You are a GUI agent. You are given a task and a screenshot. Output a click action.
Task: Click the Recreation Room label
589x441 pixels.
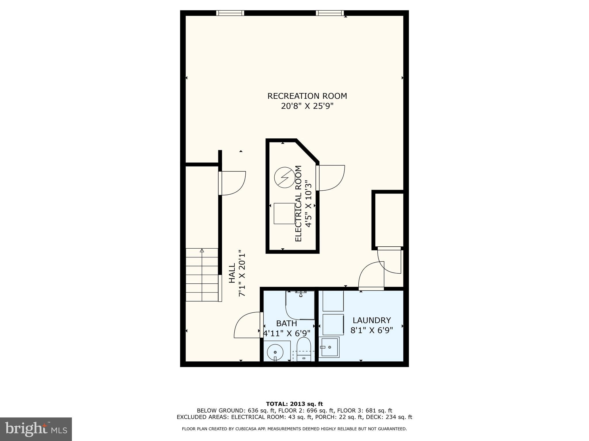click(x=307, y=96)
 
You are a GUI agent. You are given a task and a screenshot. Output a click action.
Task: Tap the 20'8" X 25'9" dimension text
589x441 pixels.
click(x=307, y=106)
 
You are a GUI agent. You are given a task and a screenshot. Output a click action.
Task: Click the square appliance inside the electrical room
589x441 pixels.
click(x=284, y=214)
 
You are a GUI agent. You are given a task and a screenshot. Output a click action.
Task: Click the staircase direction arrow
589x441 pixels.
click(x=202, y=251)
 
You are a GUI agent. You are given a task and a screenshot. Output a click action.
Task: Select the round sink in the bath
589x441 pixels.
click(x=275, y=352)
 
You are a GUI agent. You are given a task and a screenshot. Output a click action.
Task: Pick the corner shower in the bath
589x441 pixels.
click(x=300, y=305)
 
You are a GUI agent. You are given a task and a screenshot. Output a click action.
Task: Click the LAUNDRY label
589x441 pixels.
click(x=372, y=320)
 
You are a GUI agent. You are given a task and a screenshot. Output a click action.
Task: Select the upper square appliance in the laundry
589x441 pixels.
click(x=333, y=301)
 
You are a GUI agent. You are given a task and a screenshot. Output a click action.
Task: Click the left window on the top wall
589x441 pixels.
click(x=230, y=13)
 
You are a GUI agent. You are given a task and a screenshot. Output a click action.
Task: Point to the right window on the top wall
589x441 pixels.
click(x=330, y=13)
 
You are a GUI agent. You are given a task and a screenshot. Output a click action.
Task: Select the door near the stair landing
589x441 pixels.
click(x=232, y=183)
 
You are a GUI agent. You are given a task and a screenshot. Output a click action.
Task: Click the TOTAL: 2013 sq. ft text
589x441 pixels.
click(x=294, y=404)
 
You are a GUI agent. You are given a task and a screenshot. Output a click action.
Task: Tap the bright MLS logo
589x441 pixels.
click(x=36, y=429)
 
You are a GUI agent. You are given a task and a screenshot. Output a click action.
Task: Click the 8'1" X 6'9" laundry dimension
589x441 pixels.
click(x=372, y=330)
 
